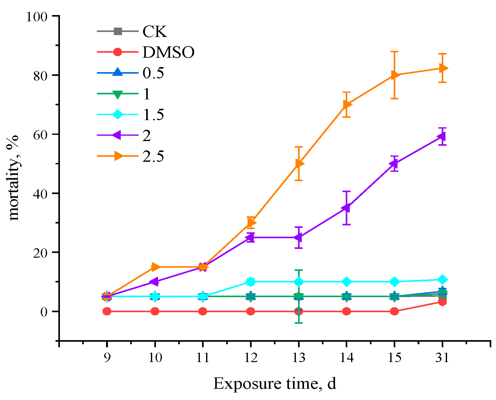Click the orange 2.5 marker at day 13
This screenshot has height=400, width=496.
click(299, 164)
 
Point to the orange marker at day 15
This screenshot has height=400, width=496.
click(395, 75)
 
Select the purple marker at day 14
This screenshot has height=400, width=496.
click(346, 208)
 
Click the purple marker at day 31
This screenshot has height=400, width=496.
click(442, 136)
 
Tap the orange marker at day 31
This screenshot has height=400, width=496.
click(443, 68)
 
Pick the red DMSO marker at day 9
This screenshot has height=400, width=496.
click(107, 311)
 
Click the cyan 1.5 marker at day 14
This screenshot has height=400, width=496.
click(347, 282)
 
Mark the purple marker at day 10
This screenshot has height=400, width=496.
click(155, 282)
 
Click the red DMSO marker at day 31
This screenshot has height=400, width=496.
click(442, 302)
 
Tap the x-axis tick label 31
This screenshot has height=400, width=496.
click(442, 357)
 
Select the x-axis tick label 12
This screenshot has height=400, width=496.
click(251, 357)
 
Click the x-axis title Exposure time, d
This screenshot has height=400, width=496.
click(275, 384)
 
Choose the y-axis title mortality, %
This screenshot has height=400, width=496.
click(14, 178)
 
